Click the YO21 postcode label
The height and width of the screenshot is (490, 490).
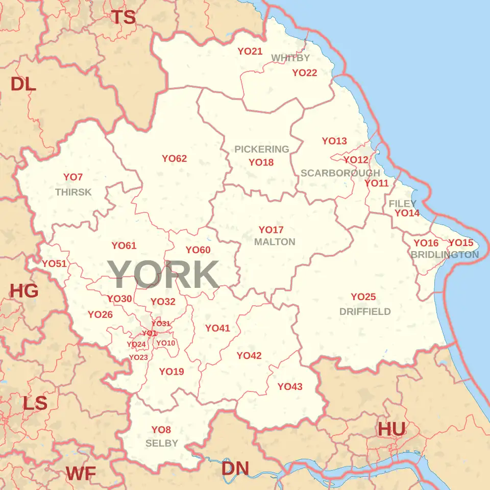click(250, 52)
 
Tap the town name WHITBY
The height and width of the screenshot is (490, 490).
click(290, 58)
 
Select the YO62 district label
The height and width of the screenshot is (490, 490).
click(175, 159)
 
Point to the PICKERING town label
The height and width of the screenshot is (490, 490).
click(262, 150)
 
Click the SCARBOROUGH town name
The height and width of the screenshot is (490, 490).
click(340, 173)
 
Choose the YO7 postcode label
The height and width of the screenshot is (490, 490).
click(73, 177)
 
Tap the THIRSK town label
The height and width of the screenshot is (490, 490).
click(73, 192)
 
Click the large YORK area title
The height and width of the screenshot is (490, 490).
click(163, 275)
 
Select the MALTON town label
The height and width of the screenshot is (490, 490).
click(275, 242)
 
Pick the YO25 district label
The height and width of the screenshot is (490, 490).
click(363, 297)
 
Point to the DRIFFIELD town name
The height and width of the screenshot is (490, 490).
click(365, 312)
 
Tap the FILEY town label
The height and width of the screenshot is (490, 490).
click(403, 204)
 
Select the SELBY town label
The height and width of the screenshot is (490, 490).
click(162, 443)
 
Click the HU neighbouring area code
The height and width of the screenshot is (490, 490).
click(391, 429)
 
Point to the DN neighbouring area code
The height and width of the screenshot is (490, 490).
click(235, 468)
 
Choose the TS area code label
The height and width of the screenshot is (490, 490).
click(124, 17)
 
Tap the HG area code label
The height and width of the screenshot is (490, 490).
click(24, 291)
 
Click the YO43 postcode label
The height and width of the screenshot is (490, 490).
click(290, 387)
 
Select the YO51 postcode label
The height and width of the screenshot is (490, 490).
click(54, 264)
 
